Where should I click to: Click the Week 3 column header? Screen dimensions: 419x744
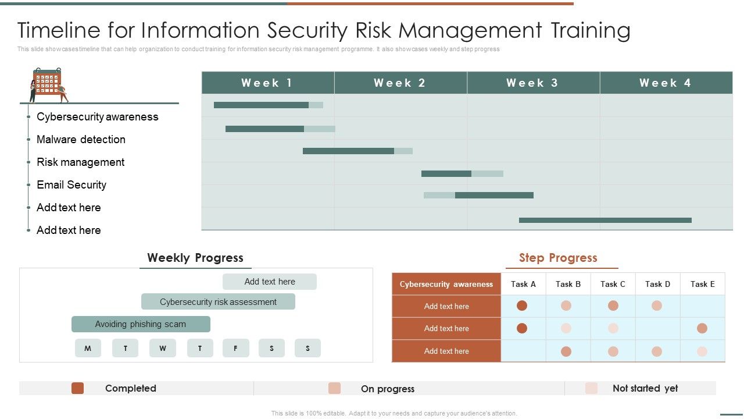click(533, 83)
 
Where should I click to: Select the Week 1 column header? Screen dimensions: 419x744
click(267, 83)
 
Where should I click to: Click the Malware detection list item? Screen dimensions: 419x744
click(81, 139)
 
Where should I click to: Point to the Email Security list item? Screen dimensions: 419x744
click(71, 184)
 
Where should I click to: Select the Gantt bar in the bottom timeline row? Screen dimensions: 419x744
click(605, 220)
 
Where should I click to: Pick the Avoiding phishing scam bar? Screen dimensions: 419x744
click(141, 324)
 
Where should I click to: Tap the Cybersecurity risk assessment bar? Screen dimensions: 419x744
click(218, 301)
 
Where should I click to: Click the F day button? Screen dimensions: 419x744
click(235, 348)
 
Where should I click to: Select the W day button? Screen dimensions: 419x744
click(163, 348)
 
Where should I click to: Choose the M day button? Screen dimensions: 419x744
click(88, 348)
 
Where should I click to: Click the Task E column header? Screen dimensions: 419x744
click(702, 284)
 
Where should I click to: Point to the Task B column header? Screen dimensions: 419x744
click(568, 284)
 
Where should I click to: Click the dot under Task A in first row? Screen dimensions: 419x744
click(522, 306)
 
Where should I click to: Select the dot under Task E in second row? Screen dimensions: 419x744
click(702, 328)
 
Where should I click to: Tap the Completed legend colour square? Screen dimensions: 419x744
click(77, 388)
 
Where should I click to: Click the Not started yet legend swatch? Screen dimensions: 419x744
click(591, 388)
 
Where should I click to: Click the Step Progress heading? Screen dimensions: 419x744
click(558, 258)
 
